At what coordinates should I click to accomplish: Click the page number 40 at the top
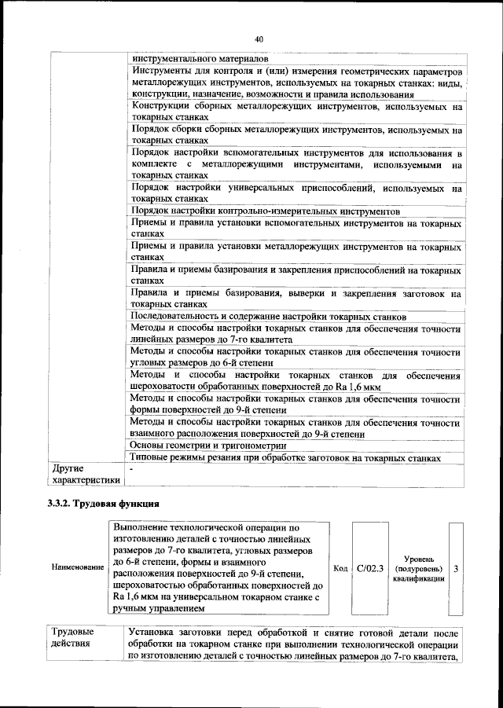click(x=258, y=39)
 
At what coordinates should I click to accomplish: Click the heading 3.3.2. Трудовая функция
click(x=104, y=503)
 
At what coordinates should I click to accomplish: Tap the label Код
click(x=340, y=567)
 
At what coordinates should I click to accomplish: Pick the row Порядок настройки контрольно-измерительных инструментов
click(x=266, y=211)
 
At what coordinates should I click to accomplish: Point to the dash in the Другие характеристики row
click(x=134, y=467)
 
